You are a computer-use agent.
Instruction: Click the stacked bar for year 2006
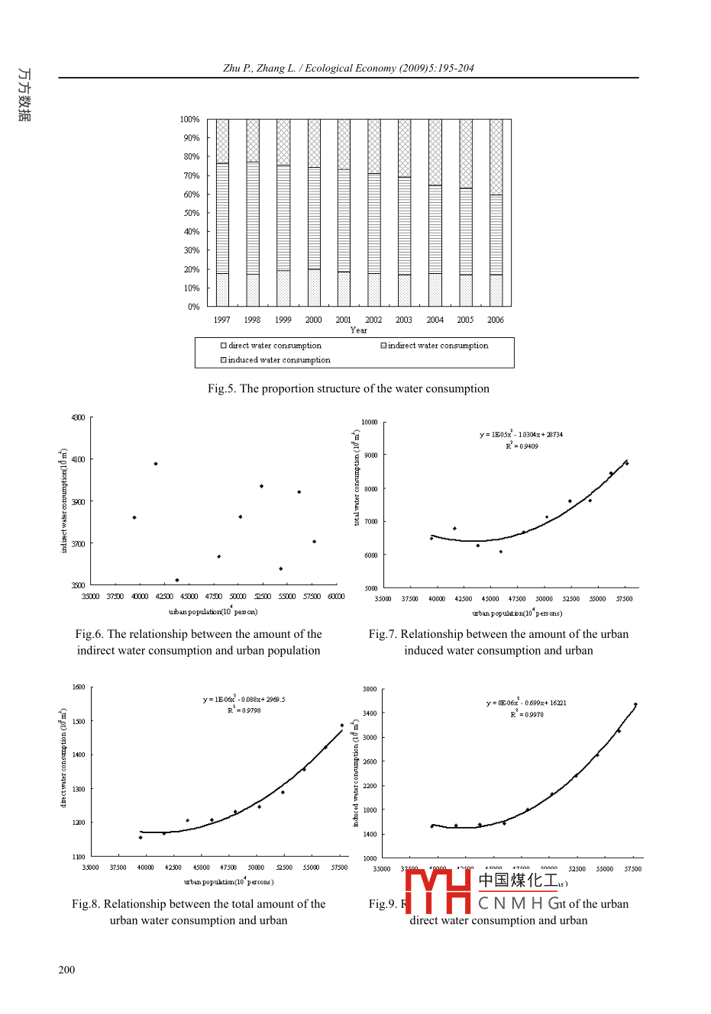coord(496,213)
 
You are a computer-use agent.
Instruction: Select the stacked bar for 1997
coord(222,213)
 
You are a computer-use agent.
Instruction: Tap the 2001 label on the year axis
coord(344,320)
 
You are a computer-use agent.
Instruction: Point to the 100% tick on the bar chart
coord(189,120)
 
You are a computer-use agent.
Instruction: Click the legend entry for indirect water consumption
coord(434,346)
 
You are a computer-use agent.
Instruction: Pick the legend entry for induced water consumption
coord(276,360)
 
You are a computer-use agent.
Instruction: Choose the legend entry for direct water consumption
coord(271,346)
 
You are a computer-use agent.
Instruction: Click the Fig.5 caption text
coord(348,389)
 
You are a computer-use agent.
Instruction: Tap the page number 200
coord(66,970)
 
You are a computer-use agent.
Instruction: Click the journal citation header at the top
coord(348,68)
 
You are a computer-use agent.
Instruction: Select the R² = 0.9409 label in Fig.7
coord(522,446)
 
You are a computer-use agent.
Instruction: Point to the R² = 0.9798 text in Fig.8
coord(244,710)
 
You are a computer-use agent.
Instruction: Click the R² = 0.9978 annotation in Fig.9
coord(528,715)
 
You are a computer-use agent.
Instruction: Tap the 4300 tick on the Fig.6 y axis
coord(78,418)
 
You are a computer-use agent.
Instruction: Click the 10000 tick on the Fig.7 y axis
coord(370,422)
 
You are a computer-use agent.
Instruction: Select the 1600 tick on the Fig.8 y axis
coord(79,687)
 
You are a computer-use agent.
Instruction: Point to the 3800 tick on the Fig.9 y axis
coord(370,689)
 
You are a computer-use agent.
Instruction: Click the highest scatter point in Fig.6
coord(156,464)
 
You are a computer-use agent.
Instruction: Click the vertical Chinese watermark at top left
coord(24,95)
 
